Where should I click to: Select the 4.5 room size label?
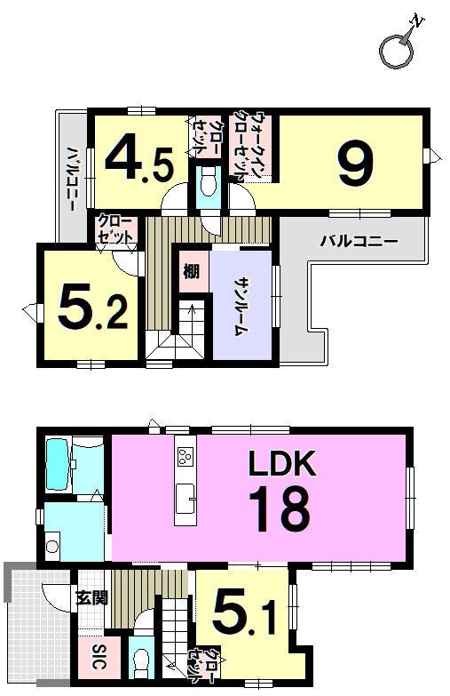(x=138, y=158)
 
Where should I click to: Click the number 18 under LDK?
(x=279, y=508)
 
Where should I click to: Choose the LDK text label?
(x=282, y=463)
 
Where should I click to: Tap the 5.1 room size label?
(x=245, y=613)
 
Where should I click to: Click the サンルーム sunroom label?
(x=241, y=307)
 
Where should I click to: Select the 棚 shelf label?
(x=191, y=271)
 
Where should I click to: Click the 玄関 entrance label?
(x=91, y=599)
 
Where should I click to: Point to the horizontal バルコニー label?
(x=359, y=242)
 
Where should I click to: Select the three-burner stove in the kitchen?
(x=185, y=457)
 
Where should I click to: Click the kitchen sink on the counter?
(x=185, y=498)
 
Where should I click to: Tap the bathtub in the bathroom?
(x=57, y=464)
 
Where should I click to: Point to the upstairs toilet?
(x=207, y=182)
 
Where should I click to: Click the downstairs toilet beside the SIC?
(x=141, y=661)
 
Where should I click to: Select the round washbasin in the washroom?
(x=52, y=547)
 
